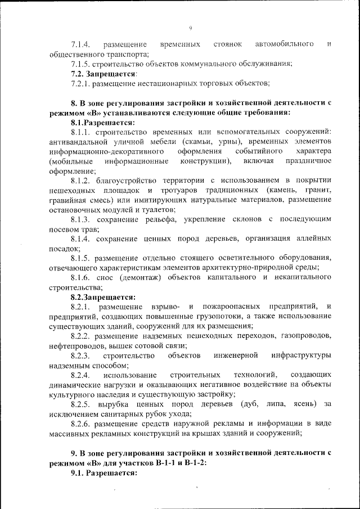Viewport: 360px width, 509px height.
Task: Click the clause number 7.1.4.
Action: click(82, 44)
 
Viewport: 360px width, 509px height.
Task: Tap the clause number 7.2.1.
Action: click(82, 83)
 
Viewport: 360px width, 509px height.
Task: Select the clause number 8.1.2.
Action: click(82, 181)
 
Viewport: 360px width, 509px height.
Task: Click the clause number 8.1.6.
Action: click(82, 277)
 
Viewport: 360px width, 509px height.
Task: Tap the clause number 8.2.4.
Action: click(82, 375)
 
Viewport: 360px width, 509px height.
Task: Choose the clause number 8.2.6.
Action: click(82, 423)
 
